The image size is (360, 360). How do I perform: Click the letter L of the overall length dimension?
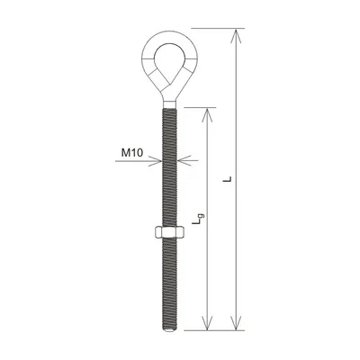point(231,179)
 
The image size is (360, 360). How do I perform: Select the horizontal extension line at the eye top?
point(216,28)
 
